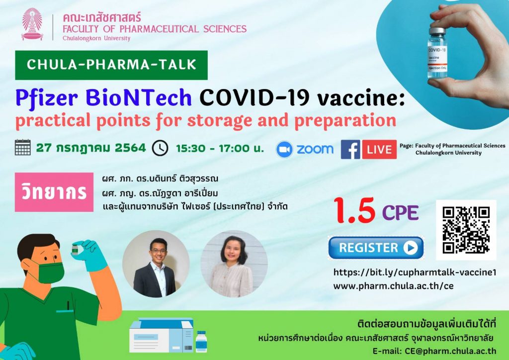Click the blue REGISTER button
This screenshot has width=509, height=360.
[x=376, y=248]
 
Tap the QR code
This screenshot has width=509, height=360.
[x=466, y=230]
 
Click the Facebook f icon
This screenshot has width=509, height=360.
[x=350, y=149]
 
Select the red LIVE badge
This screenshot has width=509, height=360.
[x=379, y=149]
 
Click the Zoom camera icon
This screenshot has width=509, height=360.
[x=284, y=149]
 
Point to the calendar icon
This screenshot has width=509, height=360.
[x=23, y=147]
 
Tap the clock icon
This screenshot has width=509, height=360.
[x=160, y=148]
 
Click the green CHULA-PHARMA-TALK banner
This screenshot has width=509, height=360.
[x=111, y=65]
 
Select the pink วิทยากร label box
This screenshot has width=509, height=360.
[x=54, y=192]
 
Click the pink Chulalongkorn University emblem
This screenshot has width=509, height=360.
[x=32, y=24]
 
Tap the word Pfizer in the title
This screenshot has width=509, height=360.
[x=47, y=98]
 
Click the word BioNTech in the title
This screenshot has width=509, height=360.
[x=139, y=97]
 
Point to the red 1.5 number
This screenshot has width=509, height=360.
[x=354, y=211]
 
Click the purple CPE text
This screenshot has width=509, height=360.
[x=400, y=213]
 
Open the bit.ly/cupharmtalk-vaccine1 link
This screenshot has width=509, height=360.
[x=415, y=272]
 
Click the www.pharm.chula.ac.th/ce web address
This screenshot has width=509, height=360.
[x=394, y=286]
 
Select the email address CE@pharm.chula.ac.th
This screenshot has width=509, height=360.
[x=450, y=351]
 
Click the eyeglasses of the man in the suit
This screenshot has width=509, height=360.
[x=158, y=251]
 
